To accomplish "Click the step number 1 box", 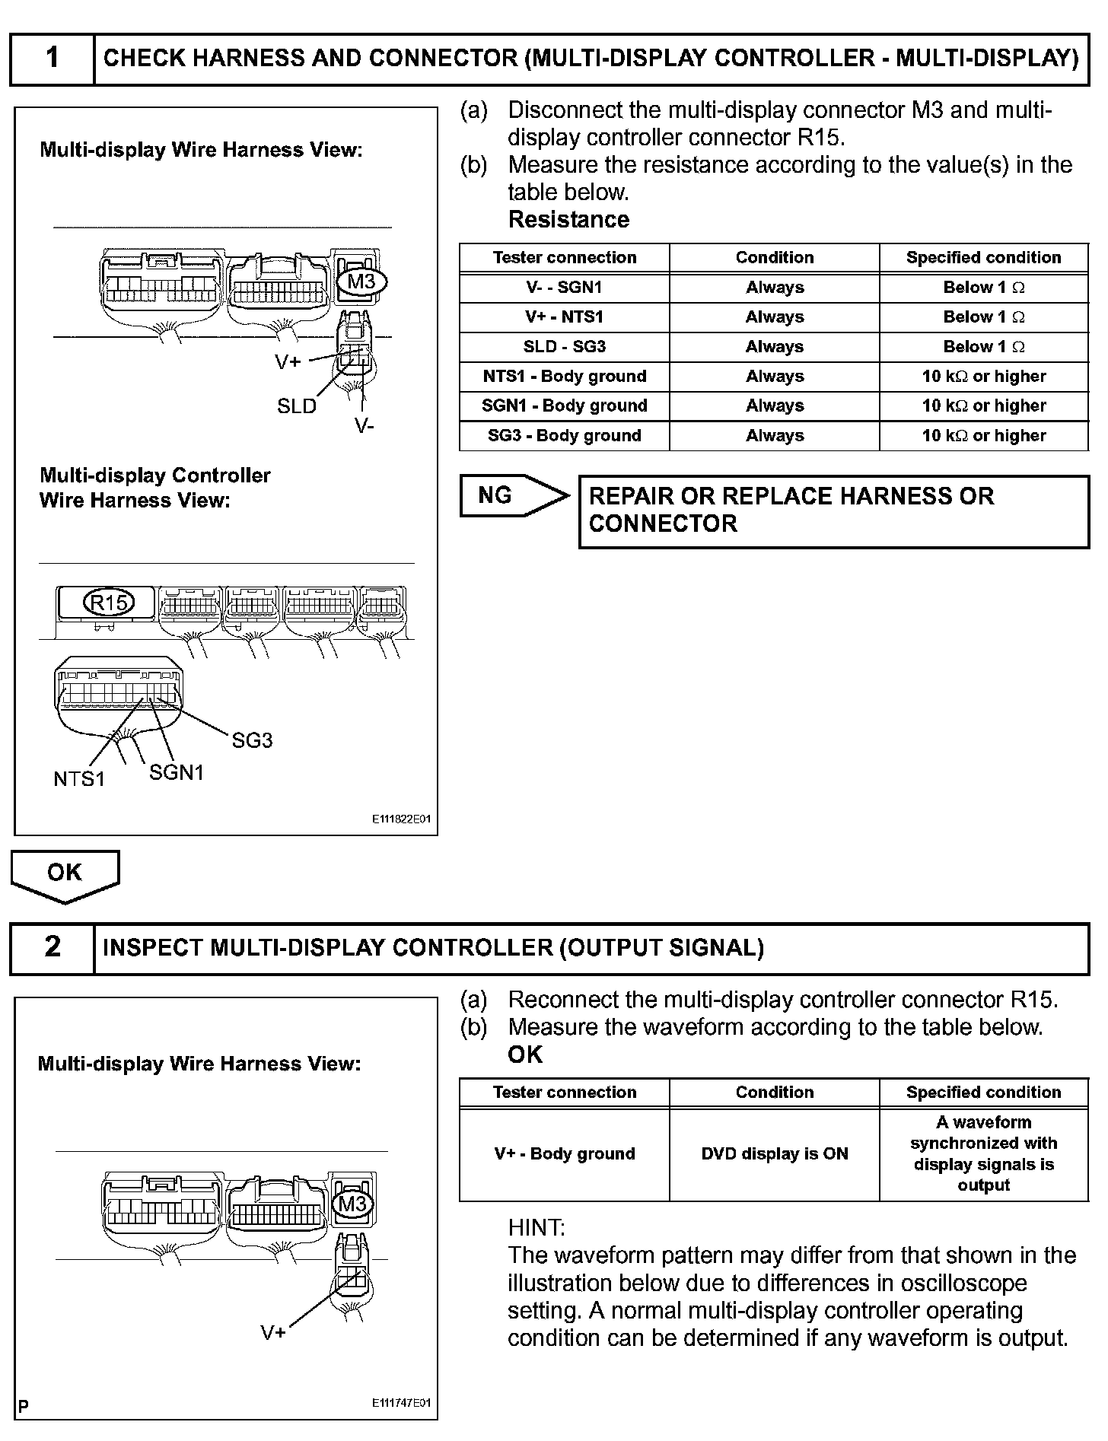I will [x=52, y=59].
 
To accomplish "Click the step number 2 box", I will [x=52, y=947].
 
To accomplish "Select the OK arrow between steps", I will [x=65, y=873].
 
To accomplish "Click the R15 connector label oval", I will [x=108, y=603].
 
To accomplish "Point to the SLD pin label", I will [x=296, y=406].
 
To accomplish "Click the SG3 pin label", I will [x=252, y=740].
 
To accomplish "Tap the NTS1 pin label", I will [x=79, y=779].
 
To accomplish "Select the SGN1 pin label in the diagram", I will [x=177, y=773].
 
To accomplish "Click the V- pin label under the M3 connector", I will [x=365, y=426].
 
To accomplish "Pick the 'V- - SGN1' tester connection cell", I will [x=564, y=288].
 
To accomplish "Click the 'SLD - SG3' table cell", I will [x=564, y=347].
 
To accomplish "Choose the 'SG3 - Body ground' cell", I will [x=564, y=436].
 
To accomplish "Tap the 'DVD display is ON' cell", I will [x=774, y=1154].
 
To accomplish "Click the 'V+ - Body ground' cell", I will [x=564, y=1154].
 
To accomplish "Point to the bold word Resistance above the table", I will [x=568, y=220].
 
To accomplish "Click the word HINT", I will [x=536, y=1228].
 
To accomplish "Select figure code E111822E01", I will [x=401, y=819].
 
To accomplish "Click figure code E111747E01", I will [x=401, y=1403].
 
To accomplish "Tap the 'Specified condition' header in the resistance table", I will [x=983, y=258].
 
